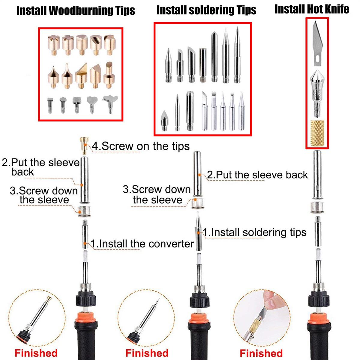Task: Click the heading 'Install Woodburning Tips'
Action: coord(76,10)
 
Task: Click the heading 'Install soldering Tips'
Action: coord(206,10)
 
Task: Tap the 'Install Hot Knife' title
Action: coord(312,9)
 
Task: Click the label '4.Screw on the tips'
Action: coord(141,146)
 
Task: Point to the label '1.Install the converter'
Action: coord(142,244)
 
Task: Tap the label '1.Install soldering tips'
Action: coord(255,232)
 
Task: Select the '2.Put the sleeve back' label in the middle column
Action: coord(257,175)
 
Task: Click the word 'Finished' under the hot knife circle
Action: coord(261,353)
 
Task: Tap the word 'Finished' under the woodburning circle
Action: coord(36,353)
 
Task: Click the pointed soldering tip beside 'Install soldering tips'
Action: coord(198,231)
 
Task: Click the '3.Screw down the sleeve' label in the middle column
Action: coord(157,195)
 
